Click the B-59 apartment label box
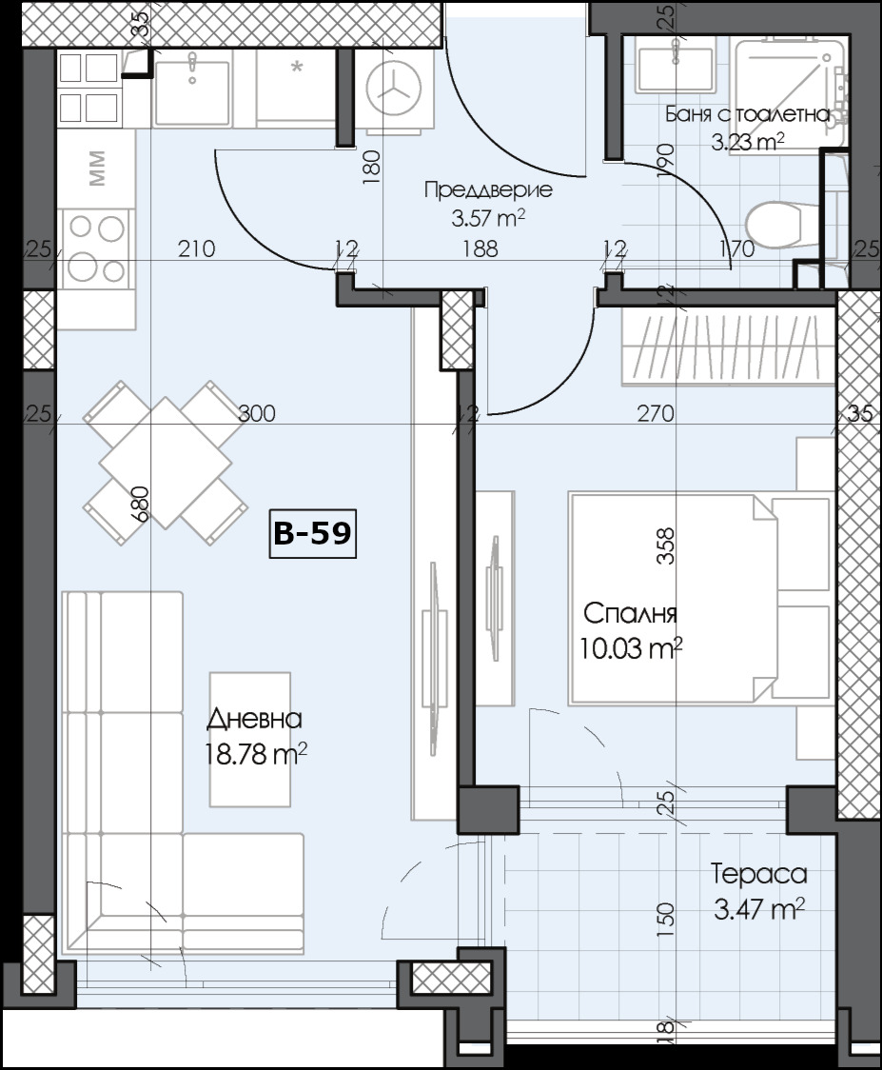pyautogui.click(x=312, y=534)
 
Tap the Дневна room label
pyautogui.click(x=254, y=719)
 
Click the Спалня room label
pyautogui.click(x=630, y=614)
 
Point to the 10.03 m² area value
pyautogui.click(x=631, y=647)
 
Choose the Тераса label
pyautogui.click(x=758, y=874)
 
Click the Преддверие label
pyautogui.click(x=488, y=189)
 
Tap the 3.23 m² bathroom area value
pyautogui.click(x=748, y=141)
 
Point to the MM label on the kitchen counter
pyautogui.click(x=97, y=168)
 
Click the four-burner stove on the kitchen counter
pyautogui.click(x=96, y=248)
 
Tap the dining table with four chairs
pyautogui.click(x=165, y=464)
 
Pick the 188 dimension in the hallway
pyautogui.click(x=480, y=248)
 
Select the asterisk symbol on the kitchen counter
pyautogui.click(x=297, y=67)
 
